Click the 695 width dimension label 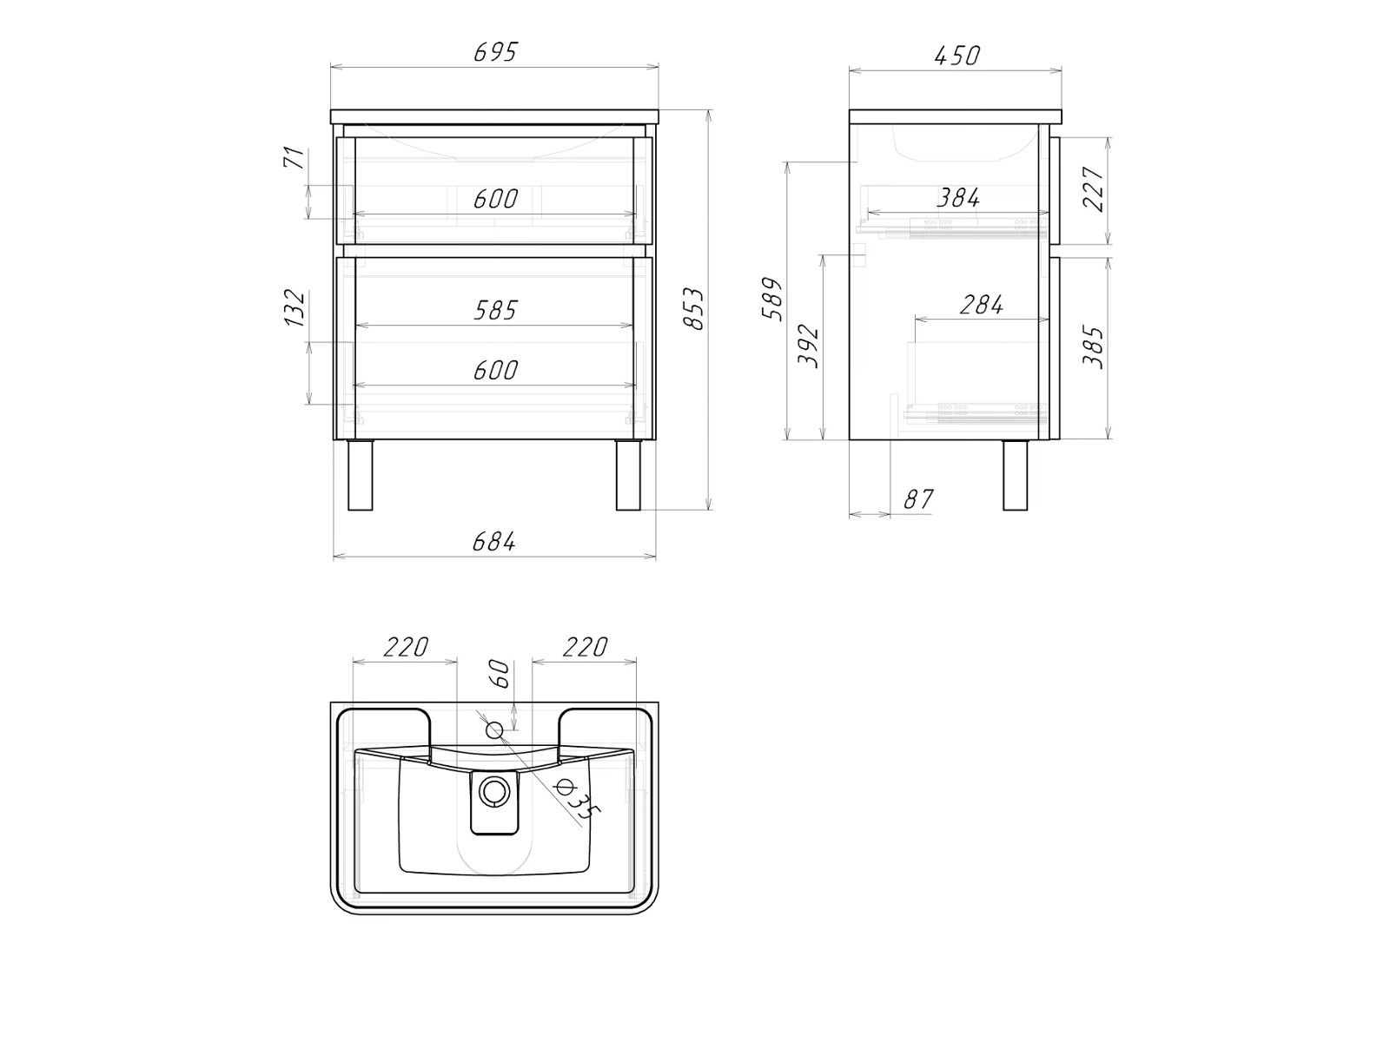click(x=496, y=52)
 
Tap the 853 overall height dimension click(x=694, y=309)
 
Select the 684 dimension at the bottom click(x=494, y=542)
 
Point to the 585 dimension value click(x=496, y=310)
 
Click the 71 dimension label click(x=293, y=157)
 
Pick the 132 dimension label click(x=295, y=308)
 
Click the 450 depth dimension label click(x=957, y=56)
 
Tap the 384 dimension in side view click(x=958, y=198)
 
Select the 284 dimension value click(x=982, y=305)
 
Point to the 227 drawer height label click(x=1094, y=188)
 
